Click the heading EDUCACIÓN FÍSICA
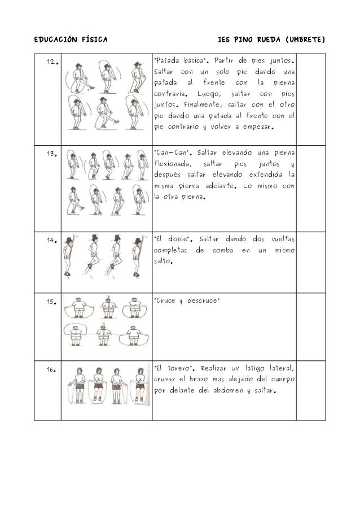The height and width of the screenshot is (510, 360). click(67, 41)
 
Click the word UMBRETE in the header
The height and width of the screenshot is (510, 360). click(305, 41)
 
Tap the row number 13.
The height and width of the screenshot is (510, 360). click(50, 154)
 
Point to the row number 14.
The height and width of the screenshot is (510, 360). click(50, 240)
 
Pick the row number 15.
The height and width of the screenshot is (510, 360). click(50, 301)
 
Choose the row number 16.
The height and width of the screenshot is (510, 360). click(50, 370)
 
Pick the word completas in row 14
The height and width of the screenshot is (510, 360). click(172, 251)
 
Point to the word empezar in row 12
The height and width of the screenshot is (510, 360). click(254, 127)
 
